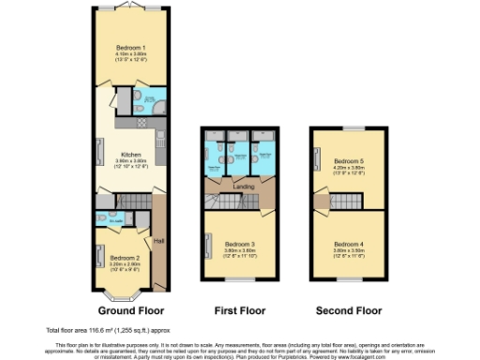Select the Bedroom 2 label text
(x=125, y=257)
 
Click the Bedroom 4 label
(x=348, y=245)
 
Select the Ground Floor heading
(x=130, y=309)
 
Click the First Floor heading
(x=239, y=309)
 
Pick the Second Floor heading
(x=349, y=309)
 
